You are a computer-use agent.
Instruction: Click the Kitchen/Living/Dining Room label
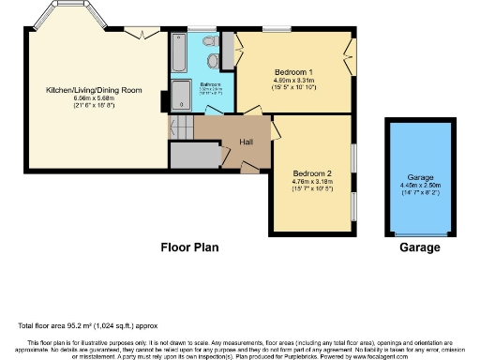93,90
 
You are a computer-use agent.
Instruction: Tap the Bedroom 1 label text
293,72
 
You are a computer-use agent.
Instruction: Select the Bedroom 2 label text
311,173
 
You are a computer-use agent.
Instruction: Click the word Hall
247,142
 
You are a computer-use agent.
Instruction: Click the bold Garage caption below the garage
420,248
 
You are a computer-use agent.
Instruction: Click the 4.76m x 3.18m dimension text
311,185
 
